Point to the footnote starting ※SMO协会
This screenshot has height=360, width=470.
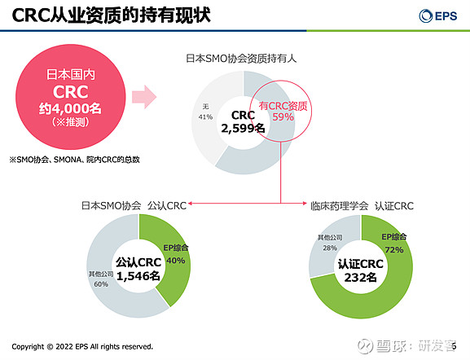click(74, 159)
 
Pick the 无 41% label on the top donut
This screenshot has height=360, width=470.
click(205, 112)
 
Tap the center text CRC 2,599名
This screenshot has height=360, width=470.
click(243, 121)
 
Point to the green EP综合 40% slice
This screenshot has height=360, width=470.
click(174, 254)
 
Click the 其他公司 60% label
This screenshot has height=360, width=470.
click(100, 279)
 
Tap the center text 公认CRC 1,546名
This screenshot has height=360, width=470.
click(138, 270)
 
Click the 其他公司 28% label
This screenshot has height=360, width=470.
click(329, 242)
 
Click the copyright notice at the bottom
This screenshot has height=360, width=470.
click(81, 346)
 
